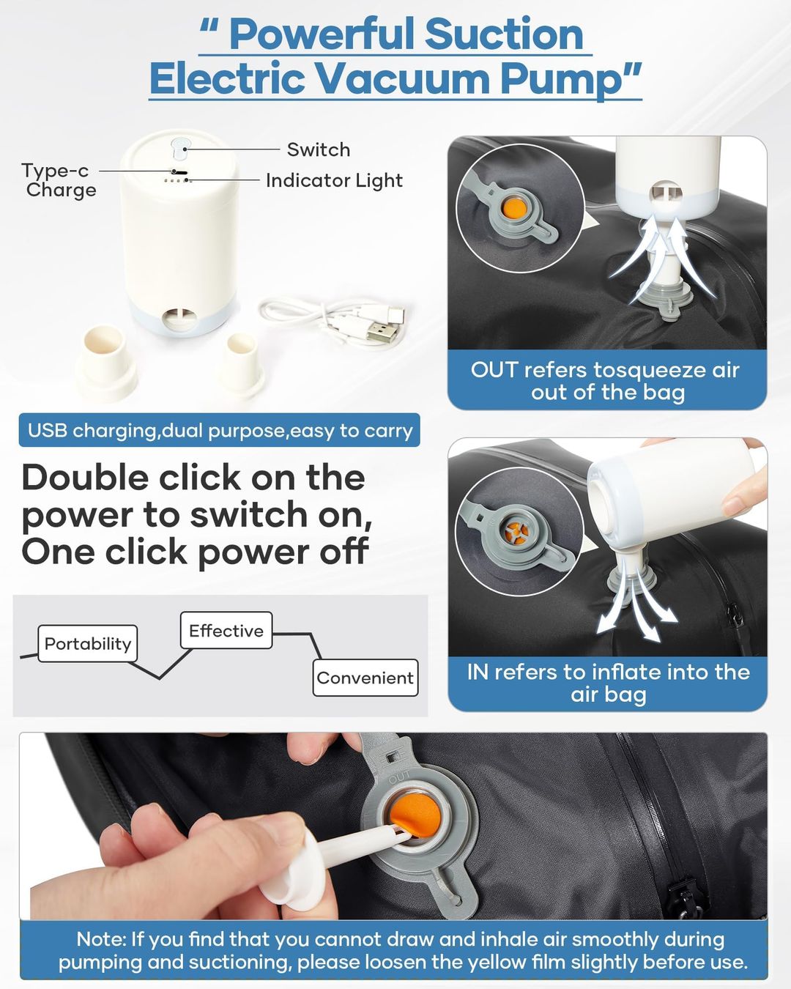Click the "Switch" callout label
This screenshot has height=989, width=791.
(x=319, y=150)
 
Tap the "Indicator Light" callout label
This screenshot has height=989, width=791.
(x=334, y=180)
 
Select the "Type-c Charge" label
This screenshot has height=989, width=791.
(x=59, y=180)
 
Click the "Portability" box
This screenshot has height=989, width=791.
(x=88, y=643)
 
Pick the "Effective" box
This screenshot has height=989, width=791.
(x=226, y=630)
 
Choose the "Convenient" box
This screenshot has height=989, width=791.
(x=365, y=678)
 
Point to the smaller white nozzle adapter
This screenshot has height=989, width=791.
(x=240, y=361)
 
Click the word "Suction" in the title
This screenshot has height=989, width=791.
(x=504, y=34)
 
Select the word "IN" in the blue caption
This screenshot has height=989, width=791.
(x=478, y=672)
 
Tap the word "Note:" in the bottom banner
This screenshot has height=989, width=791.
(x=101, y=939)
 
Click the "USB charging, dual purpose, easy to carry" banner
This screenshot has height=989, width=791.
(x=219, y=430)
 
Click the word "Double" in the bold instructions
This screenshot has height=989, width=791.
(x=85, y=478)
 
